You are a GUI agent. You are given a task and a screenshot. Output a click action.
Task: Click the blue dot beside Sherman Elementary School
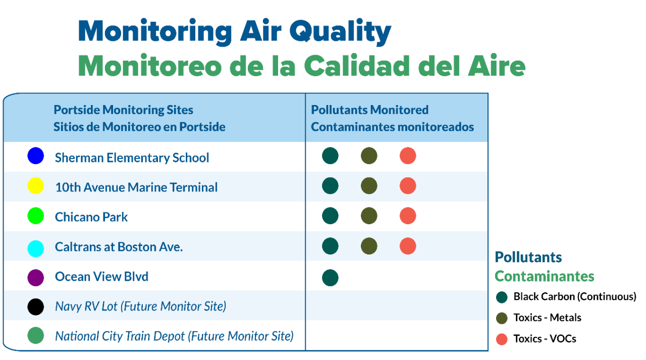click(36, 156)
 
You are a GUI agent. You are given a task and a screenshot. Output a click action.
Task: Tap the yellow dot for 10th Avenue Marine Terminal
click(36, 186)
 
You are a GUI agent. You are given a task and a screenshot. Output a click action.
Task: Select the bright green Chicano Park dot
click(36, 216)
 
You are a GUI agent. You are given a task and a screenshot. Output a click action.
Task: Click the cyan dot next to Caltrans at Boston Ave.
click(36, 248)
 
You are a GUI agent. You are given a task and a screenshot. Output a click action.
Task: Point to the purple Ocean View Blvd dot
click(36, 278)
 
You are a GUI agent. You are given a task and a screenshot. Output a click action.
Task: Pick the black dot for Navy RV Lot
click(36, 307)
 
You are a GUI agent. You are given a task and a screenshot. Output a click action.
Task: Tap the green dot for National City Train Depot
click(36, 336)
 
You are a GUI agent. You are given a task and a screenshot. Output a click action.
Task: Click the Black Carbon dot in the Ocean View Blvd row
click(330, 278)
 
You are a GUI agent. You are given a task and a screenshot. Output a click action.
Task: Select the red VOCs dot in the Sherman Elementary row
click(408, 156)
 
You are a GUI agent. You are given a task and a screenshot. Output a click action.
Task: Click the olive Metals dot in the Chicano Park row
click(369, 216)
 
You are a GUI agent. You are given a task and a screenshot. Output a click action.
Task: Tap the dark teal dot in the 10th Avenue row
click(330, 186)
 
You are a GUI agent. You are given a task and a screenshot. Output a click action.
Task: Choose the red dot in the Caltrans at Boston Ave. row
click(408, 246)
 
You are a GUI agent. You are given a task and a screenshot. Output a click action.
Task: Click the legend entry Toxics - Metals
click(547, 318)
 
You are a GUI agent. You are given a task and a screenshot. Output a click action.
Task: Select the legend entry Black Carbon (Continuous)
click(574, 296)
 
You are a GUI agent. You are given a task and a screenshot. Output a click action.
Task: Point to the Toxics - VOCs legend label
click(545, 339)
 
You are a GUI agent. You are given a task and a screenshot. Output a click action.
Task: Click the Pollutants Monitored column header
click(369, 110)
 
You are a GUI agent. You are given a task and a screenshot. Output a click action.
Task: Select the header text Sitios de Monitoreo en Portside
click(139, 127)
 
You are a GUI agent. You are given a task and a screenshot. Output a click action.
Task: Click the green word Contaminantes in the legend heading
click(544, 276)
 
